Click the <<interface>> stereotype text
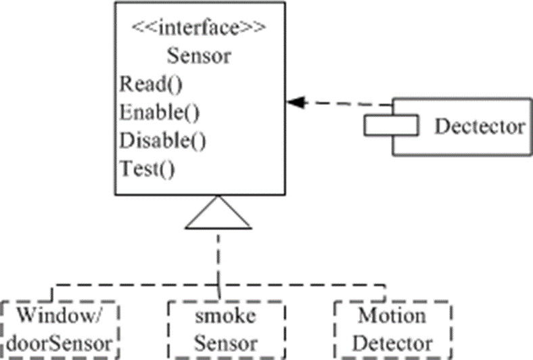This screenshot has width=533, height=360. pos(199,30)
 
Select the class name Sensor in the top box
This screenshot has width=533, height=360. pos(199,56)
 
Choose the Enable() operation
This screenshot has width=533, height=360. pos(159,112)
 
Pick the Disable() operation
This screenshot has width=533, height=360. pos(162,140)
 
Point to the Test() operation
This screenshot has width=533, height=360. pos(147,167)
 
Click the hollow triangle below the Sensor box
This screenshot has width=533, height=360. pos(218,215)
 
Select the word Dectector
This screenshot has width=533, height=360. pos(480,126)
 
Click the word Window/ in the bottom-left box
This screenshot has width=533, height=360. pos(59,315)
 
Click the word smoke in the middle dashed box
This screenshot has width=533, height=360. pos(227,316)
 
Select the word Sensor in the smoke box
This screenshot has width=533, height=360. pos(227,343)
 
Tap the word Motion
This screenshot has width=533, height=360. pos(392,315)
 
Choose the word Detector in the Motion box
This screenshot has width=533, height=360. pos(393,342)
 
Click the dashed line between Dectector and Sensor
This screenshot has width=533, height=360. pos(345,104)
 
